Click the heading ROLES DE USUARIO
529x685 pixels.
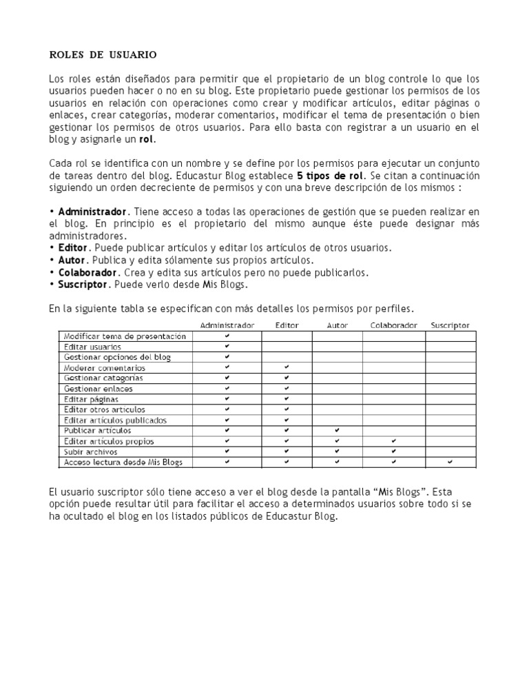[x=103, y=54]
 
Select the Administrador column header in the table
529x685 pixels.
[x=227, y=325]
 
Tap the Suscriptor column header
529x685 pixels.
[x=450, y=325]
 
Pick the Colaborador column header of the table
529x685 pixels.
[x=393, y=325]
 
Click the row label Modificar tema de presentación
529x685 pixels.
[x=125, y=336]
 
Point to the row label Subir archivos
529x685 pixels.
[x=90, y=451]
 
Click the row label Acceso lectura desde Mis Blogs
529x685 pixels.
[x=123, y=462]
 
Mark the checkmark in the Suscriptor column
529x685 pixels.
[x=450, y=462]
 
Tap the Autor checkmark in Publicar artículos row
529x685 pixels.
[x=338, y=431]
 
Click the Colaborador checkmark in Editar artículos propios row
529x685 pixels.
[x=393, y=441]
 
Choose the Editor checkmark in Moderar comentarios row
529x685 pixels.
[x=287, y=368]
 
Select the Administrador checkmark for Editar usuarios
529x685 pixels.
[x=227, y=347]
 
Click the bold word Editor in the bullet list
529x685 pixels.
[x=73, y=247]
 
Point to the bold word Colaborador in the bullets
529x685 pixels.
[x=86, y=272]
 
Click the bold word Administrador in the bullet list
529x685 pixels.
[x=92, y=211]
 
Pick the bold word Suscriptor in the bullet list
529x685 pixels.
[x=83, y=285]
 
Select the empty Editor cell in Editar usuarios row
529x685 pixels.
[x=287, y=347]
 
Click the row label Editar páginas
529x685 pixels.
[x=91, y=399]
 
